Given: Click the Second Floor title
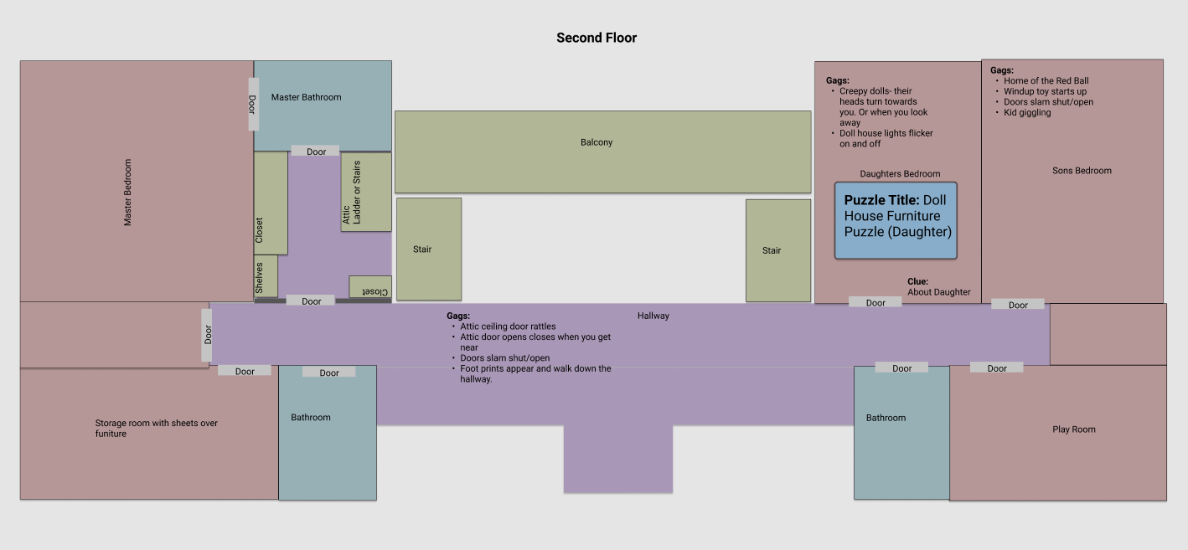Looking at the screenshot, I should pos(597,38).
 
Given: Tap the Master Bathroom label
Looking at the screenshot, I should pos(306,97).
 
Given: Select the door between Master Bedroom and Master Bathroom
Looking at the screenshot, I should pos(252,104).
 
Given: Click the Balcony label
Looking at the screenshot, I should pos(597,142).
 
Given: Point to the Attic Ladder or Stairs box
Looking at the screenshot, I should pos(366,192).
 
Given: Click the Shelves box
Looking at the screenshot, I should pos(265,276).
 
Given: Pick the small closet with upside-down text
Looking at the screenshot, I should pos(370,287).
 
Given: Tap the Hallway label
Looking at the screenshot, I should pos(653,316).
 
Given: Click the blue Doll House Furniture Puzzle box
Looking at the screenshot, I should pos(896,220).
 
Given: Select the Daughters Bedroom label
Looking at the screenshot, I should pos(900,174).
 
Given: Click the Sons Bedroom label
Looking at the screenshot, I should pos(1082,171).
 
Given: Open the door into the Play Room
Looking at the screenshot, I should pos(996,368).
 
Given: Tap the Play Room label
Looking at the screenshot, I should pos(1073,429).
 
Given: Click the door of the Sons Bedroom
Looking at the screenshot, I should pos(1018,305).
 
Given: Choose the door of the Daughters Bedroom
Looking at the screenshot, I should pos(876,302).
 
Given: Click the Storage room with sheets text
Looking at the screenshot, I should pos(156,428).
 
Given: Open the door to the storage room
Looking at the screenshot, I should pos(245,371).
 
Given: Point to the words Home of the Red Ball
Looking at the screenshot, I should pos(1046,81).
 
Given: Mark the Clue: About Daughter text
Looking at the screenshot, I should pos(938,287).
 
